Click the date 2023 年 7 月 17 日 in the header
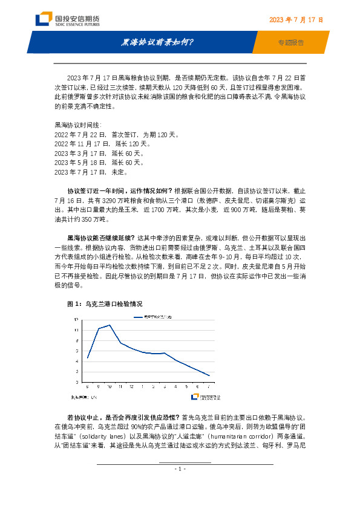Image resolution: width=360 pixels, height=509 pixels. pos(295,20)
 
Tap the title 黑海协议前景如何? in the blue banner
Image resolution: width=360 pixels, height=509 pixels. pos(158,42)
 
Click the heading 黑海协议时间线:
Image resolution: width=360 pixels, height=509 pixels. pos(78,124)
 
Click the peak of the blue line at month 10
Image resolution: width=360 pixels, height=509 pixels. pos(110,325)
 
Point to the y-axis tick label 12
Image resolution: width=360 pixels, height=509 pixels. pos(76,320)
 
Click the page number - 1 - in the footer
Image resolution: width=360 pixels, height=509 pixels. pos(180,468)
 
